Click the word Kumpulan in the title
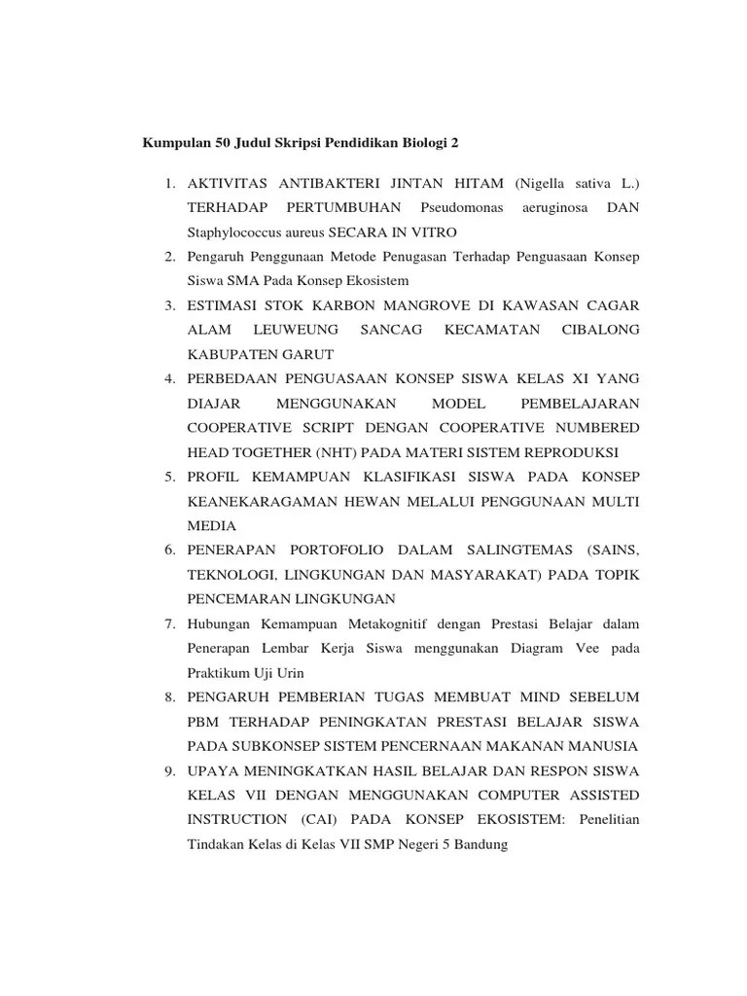pyautogui.click(x=172, y=142)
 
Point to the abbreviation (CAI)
pyautogui.click(x=318, y=820)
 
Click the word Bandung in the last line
pyautogui.click(x=481, y=844)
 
